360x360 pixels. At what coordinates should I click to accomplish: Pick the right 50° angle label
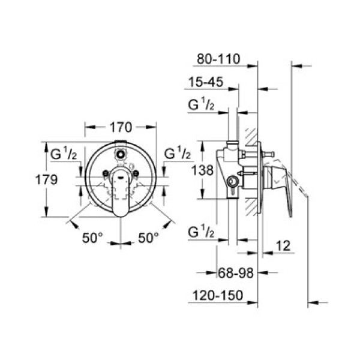tap(149, 238)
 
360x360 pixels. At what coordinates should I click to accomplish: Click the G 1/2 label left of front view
tap(62, 154)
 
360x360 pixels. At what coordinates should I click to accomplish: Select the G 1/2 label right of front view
tap(177, 154)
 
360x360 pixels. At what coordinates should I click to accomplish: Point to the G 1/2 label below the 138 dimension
tap(202, 232)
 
